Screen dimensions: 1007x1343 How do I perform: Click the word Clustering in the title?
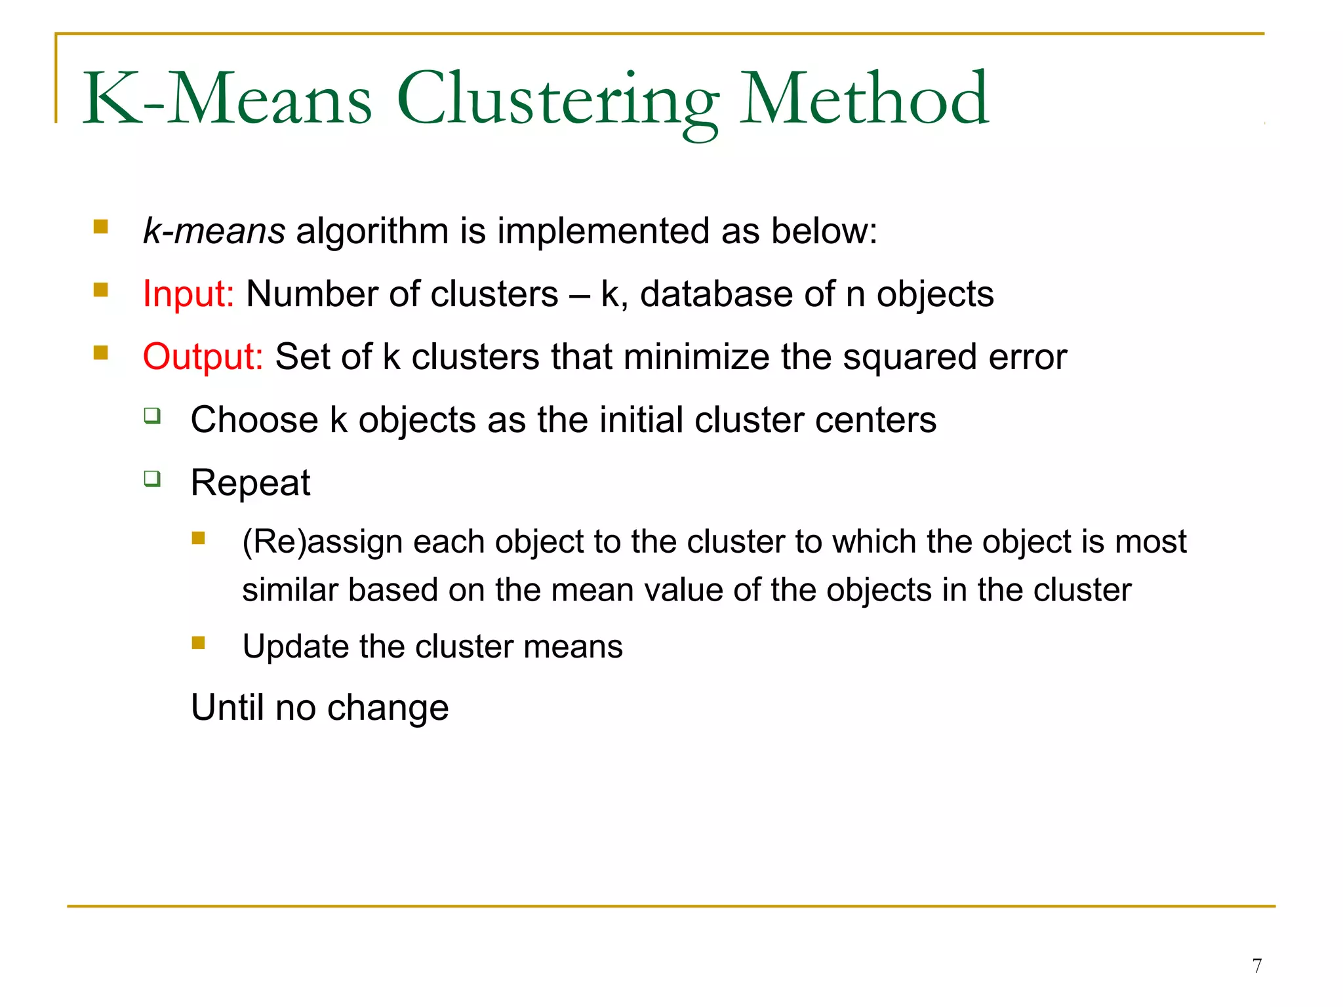click(558, 100)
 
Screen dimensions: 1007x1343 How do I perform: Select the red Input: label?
click(188, 294)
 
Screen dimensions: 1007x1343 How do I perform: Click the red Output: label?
click(203, 357)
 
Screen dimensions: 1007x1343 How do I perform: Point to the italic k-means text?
click(214, 231)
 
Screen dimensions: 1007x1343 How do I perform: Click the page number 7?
click(1256, 966)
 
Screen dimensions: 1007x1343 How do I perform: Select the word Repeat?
click(250, 483)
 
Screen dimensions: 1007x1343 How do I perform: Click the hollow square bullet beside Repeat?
click(152, 479)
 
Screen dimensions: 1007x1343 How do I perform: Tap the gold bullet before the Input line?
click(100, 290)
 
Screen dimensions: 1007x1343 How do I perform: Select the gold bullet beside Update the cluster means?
click(198, 642)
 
